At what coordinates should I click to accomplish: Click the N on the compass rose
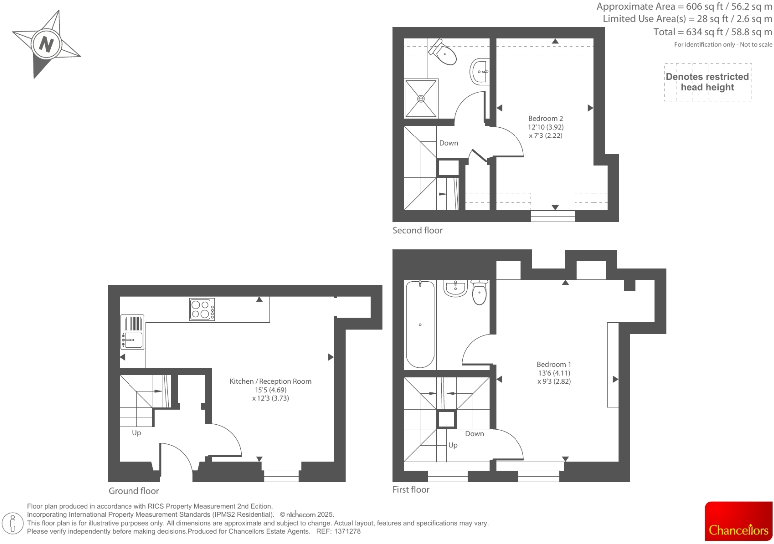(x=46, y=44)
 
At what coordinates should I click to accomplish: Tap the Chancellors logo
(x=738, y=521)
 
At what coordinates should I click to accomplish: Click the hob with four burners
(x=202, y=309)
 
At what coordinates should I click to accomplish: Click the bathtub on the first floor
(x=420, y=324)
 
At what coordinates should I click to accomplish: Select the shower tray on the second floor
(x=421, y=98)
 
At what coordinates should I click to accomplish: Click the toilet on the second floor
(x=443, y=52)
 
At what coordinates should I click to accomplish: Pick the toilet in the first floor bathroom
(x=479, y=292)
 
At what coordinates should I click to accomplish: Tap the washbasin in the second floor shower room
(x=480, y=72)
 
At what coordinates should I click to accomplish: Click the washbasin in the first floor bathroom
(x=455, y=288)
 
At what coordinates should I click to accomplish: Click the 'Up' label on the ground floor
(x=136, y=433)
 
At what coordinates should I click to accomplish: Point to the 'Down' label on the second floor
(x=448, y=143)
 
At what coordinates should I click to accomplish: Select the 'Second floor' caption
(x=417, y=230)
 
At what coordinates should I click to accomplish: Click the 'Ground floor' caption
(x=133, y=491)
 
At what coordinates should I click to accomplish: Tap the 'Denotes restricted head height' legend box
(x=707, y=82)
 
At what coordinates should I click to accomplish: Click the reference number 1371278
(x=347, y=531)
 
